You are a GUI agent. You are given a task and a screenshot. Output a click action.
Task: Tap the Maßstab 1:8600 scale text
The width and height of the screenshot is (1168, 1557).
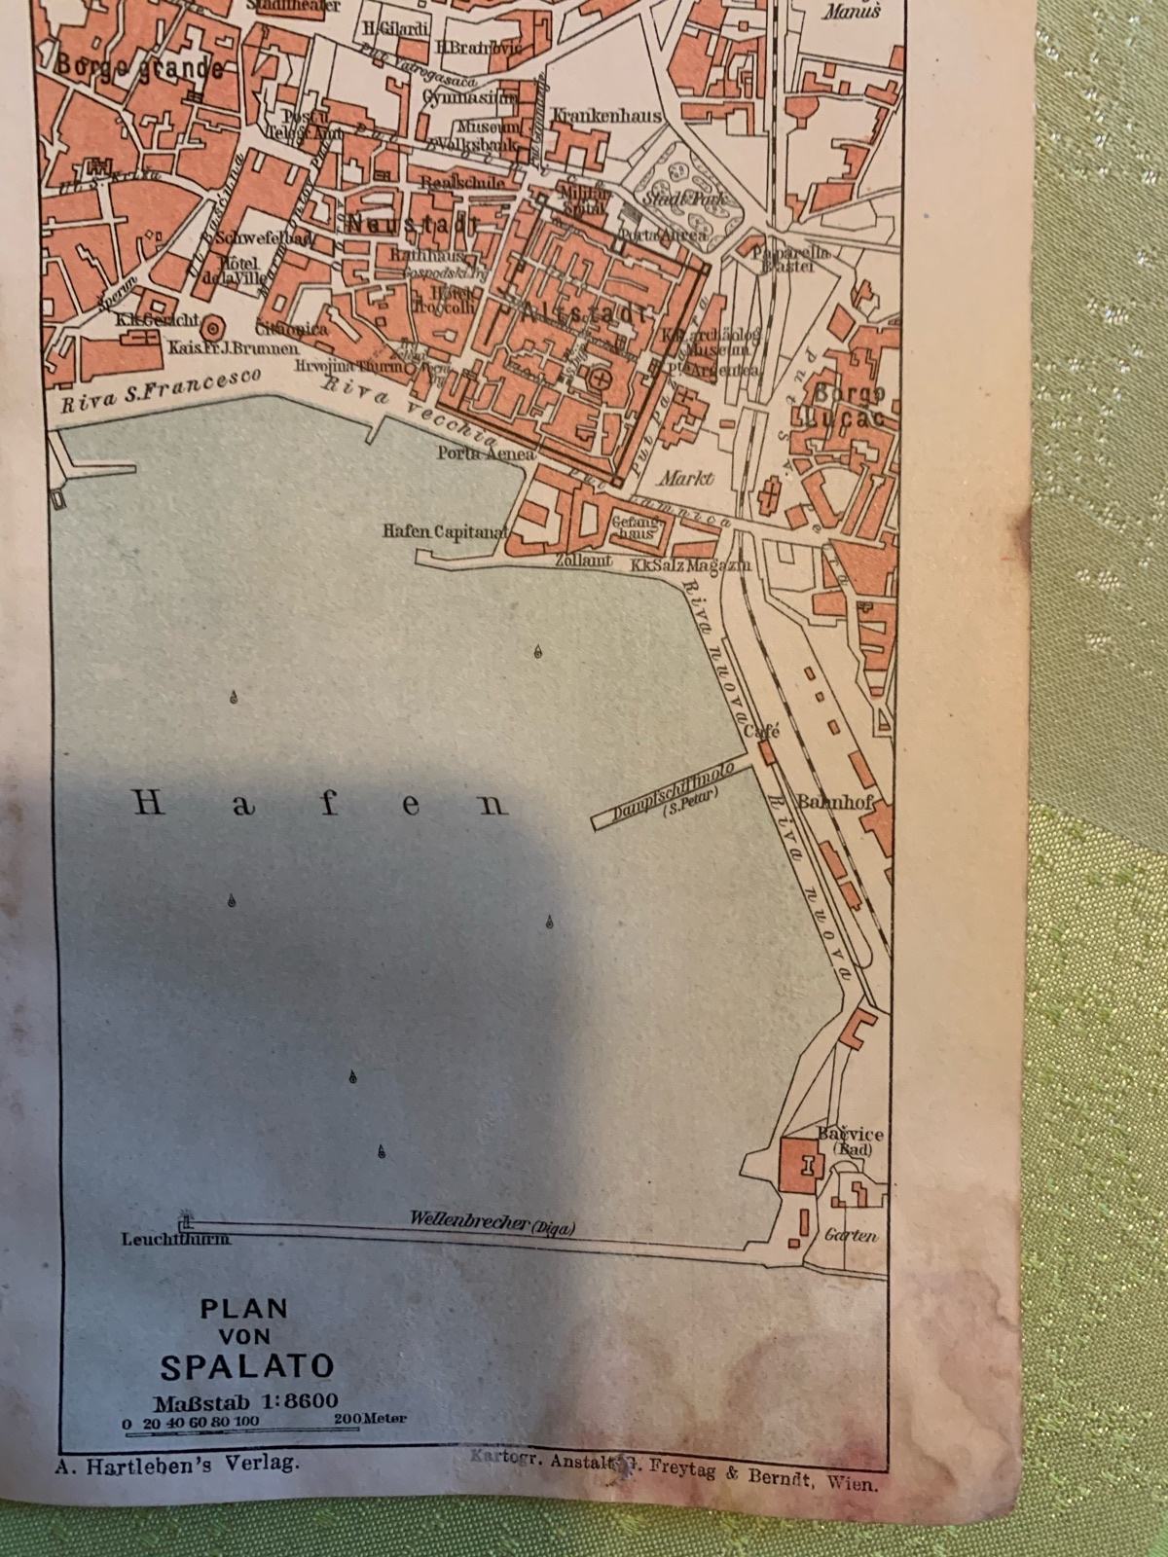245,1400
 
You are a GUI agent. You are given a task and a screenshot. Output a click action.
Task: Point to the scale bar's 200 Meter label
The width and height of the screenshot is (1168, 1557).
370,1420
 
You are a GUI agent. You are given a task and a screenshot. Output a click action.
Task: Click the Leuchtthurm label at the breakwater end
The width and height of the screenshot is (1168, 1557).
176,1239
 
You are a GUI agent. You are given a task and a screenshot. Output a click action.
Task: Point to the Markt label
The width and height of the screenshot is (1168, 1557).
686,478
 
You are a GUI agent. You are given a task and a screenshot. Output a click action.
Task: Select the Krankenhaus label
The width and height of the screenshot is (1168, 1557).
605,115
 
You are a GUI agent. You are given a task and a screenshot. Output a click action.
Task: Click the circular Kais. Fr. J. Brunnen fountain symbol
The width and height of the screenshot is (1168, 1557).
213,328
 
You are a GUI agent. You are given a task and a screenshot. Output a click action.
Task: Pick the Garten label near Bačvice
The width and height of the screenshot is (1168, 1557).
850,1236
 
